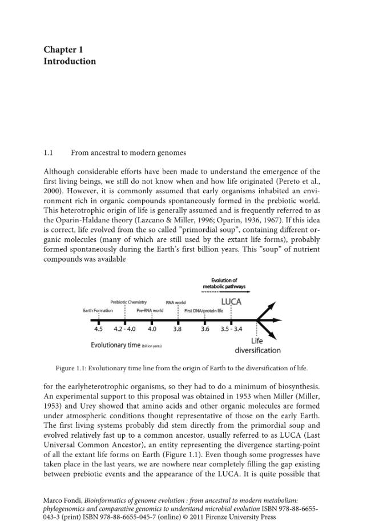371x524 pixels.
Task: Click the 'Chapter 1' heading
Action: click(63, 50)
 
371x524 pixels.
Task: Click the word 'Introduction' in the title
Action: click(70, 62)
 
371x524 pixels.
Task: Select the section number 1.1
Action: click(49, 153)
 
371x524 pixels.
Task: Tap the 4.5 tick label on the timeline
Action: click(99, 329)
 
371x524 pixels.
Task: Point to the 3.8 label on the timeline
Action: click(178, 329)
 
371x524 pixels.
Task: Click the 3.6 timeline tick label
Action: click(205, 329)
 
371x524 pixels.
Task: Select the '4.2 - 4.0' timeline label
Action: click(124, 329)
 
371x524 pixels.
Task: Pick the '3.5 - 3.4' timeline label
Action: click(231, 329)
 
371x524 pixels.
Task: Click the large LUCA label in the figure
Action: click(231, 302)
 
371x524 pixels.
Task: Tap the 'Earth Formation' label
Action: click(98, 311)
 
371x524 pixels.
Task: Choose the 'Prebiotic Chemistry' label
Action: click(128, 302)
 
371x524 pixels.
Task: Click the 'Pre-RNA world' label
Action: click(150, 311)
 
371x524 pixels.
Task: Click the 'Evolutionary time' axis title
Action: click(116, 345)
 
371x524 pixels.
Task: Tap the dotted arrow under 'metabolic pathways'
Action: click(224, 291)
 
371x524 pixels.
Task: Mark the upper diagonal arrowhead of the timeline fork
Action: click(272, 305)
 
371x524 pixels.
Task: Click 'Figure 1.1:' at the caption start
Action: click(71, 369)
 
